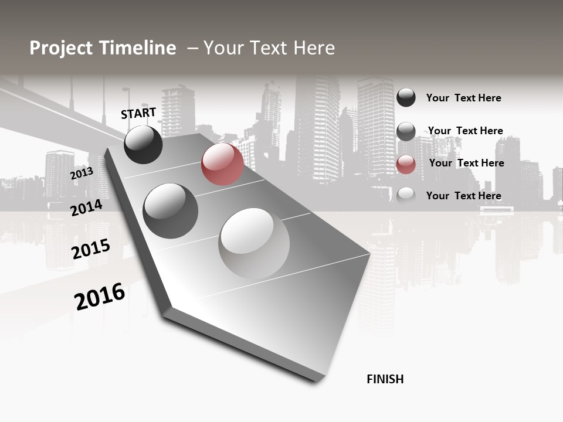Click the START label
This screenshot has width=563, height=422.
click(x=138, y=113)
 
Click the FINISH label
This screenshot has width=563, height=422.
click(x=385, y=379)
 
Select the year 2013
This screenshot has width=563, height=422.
click(x=82, y=173)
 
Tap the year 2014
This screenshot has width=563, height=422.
click(x=86, y=207)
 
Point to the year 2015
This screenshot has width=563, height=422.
click(x=91, y=249)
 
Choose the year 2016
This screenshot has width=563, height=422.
click(x=100, y=296)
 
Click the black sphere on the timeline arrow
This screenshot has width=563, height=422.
click(x=143, y=144)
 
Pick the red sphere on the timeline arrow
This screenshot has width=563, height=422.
click(x=222, y=164)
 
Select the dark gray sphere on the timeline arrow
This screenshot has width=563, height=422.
click(x=170, y=211)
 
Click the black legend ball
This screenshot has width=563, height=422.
click(x=406, y=97)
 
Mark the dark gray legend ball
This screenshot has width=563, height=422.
click(x=406, y=131)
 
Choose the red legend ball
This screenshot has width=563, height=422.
click(x=406, y=165)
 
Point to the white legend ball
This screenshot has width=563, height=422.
click(x=406, y=195)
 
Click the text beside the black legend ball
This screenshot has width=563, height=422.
click(x=463, y=98)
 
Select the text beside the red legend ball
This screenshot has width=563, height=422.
click(x=466, y=163)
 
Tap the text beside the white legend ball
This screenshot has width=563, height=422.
click(x=463, y=196)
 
